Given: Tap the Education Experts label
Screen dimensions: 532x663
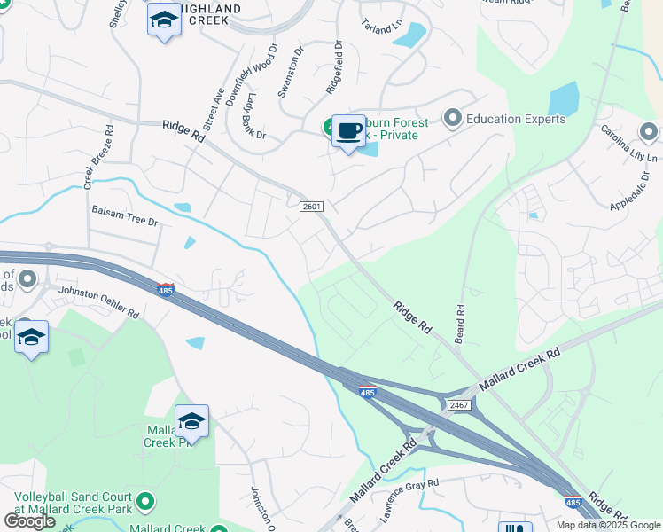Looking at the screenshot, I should [x=516, y=119].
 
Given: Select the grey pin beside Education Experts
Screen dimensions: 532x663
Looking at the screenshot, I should [x=453, y=118].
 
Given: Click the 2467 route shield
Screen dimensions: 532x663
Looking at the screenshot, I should [x=458, y=404].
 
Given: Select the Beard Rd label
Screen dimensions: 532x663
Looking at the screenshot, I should [x=461, y=325].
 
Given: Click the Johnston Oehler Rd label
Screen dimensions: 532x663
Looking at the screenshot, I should [x=98, y=302].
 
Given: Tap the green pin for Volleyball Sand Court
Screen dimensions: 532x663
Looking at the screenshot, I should [x=145, y=504].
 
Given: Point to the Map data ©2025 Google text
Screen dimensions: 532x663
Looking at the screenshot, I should [x=608, y=525].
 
